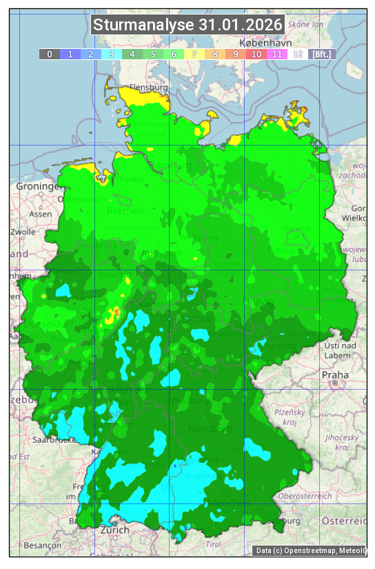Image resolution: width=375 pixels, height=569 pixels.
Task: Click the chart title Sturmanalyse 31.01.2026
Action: click(187, 25)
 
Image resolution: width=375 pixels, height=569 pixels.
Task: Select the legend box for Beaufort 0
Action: click(49, 54)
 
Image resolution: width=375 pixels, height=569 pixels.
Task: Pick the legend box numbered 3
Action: click(112, 54)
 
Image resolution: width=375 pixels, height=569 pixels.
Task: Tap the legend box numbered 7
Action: click(194, 54)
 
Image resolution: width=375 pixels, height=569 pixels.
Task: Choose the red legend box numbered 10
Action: click(256, 54)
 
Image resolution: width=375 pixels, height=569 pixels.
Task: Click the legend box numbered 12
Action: click(298, 54)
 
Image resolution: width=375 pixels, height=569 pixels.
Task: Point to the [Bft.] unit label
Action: click(321, 54)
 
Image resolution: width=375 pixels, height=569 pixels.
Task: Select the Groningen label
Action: click(39, 187)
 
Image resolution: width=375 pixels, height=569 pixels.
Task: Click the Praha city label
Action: click(335, 375)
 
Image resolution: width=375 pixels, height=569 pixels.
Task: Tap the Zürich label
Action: click(114, 530)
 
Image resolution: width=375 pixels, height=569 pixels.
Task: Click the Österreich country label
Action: click(345, 520)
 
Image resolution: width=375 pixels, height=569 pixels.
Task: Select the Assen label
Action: click(41, 214)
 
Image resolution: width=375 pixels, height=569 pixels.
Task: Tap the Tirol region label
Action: click(214, 544)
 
